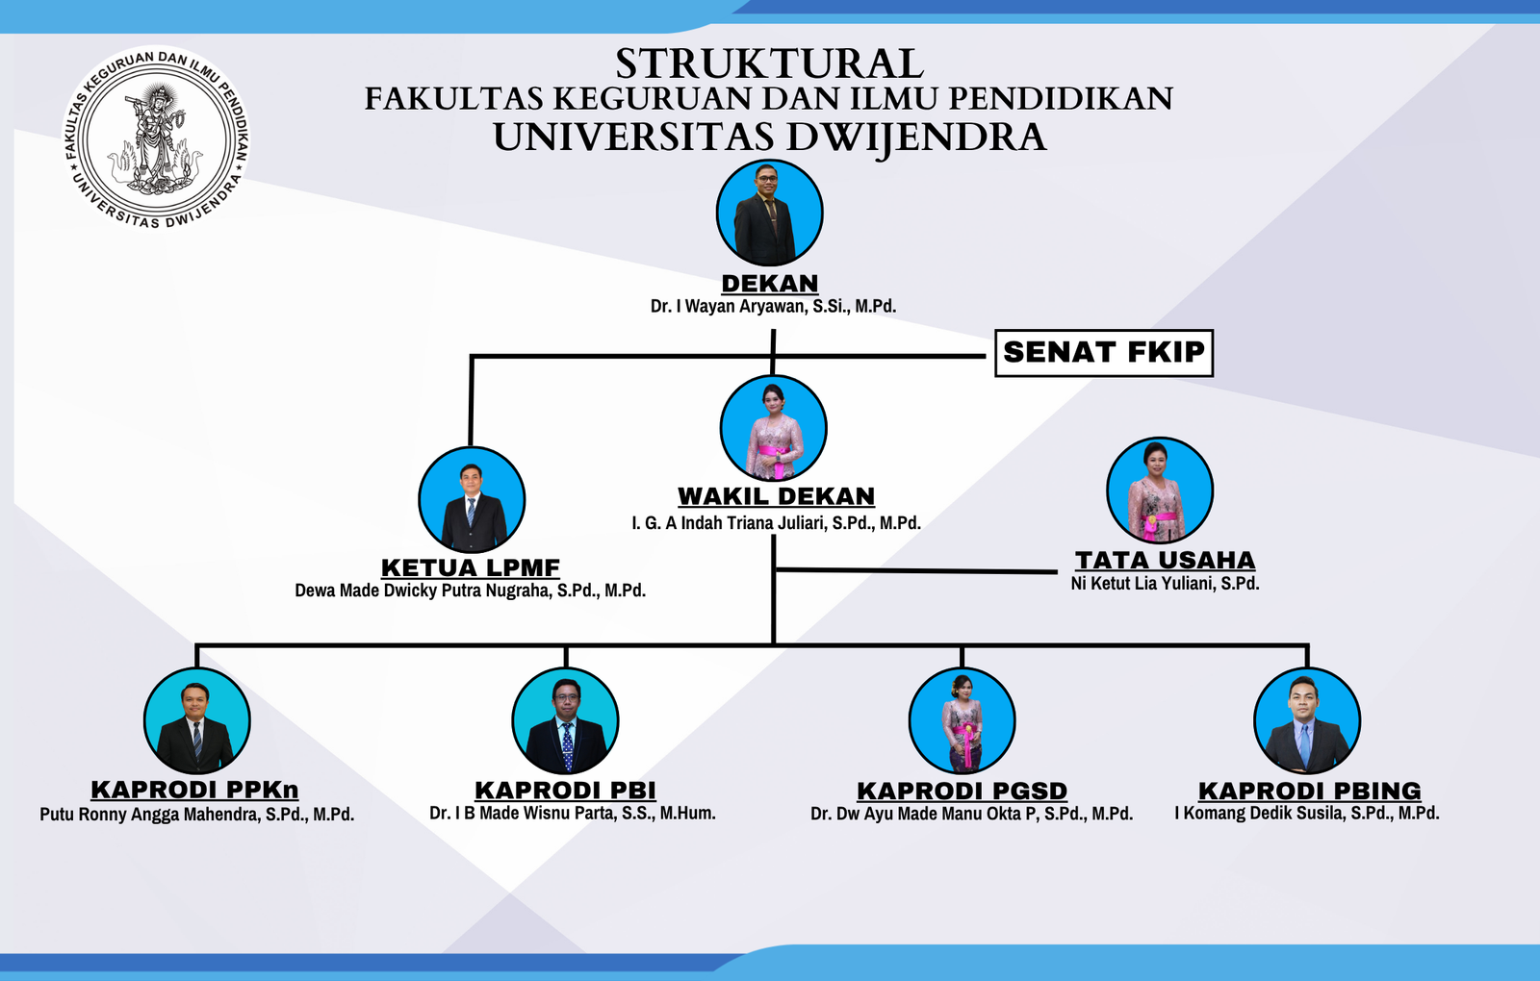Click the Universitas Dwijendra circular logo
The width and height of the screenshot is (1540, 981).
click(x=157, y=138)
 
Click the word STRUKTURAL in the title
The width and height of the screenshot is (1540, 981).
click(x=769, y=63)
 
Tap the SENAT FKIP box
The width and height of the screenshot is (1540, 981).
click(x=1104, y=353)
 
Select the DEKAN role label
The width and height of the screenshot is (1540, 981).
click(x=770, y=283)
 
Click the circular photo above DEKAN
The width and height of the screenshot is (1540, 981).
click(x=770, y=213)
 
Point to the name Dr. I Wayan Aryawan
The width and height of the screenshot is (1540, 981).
click(x=731, y=307)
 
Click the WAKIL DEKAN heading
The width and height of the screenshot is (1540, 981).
click(x=776, y=496)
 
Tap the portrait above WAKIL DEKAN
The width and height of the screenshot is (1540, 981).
click(x=774, y=428)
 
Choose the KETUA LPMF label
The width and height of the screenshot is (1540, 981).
click(x=471, y=567)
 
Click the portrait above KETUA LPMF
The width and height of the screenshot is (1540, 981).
click(x=472, y=499)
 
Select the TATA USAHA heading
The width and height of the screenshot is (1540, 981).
click(x=1166, y=560)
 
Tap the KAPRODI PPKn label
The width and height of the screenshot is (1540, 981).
click(x=195, y=790)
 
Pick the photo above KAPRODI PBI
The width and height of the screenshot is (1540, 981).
click(x=565, y=720)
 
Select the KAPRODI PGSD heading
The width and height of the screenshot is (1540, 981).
click(x=962, y=791)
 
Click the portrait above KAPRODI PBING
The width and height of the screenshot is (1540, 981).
click(x=1307, y=720)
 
